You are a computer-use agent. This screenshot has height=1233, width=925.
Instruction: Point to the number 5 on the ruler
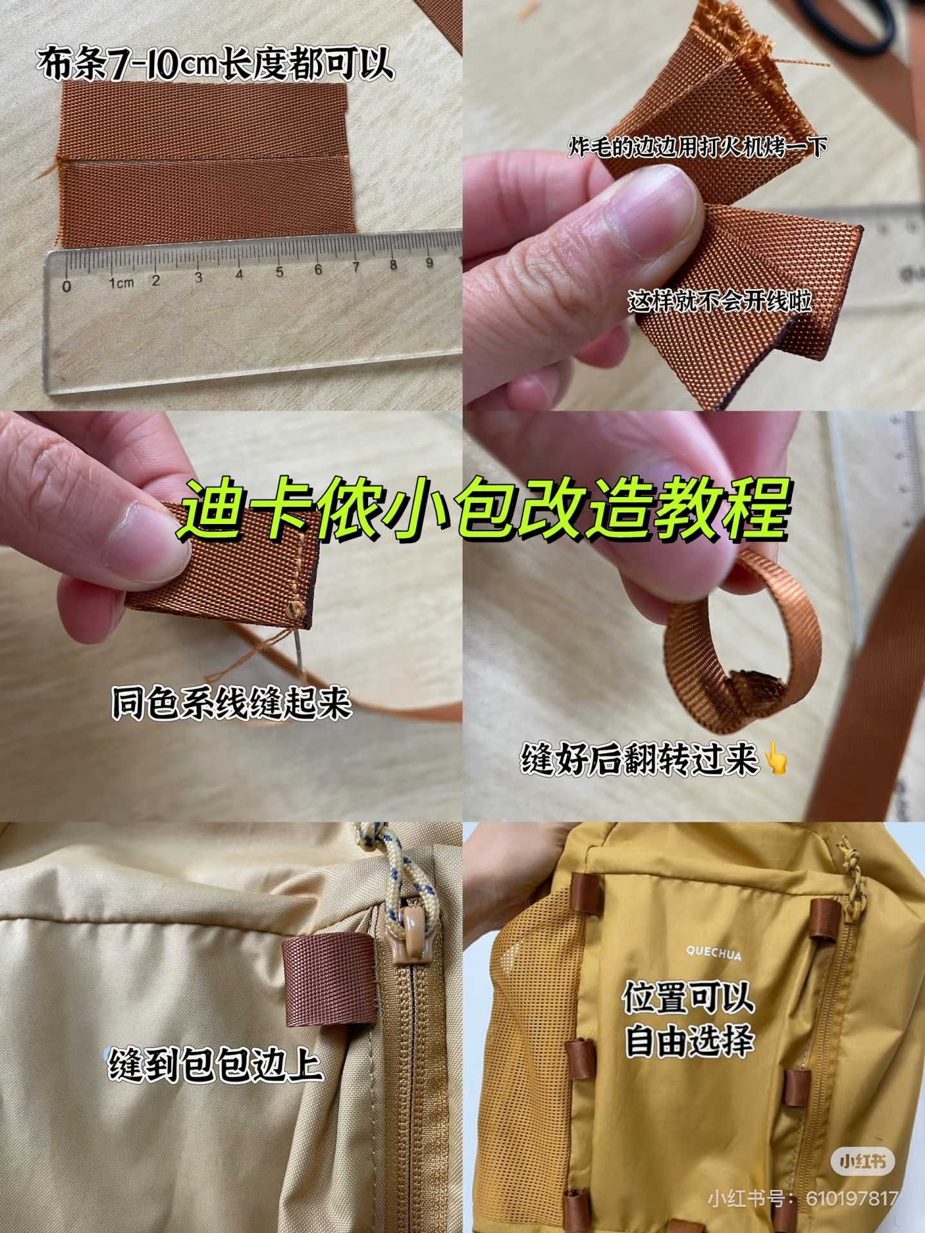pyautogui.click(x=279, y=272)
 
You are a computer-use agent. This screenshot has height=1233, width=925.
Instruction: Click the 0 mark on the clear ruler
pyautogui.click(x=67, y=286)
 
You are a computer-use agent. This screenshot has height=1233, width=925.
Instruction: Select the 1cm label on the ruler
pyautogui.click(x=121, y=283)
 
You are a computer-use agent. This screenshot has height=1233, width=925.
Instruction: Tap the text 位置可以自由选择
pyautogui.click(x=688, y=1020)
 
